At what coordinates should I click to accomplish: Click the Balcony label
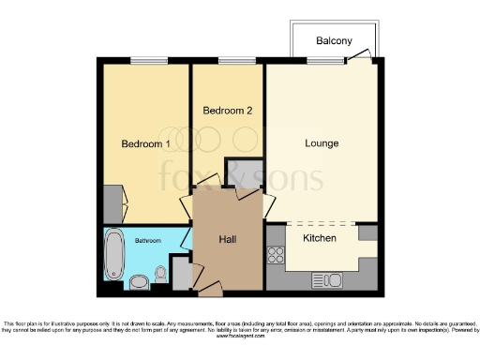pyautogui.click(x=334, y=41)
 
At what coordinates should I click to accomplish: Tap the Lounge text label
pyautogui.click(x=322, y=143)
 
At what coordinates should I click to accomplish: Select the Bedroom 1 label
pyautogui.click(x=145, y=143)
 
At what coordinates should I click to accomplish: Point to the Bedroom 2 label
pyautogui.click(x=228, y=111)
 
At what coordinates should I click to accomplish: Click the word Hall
pyautogui.click(x=228, y=240)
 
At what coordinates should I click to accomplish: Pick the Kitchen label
pyautogui.click(x=321, y=238)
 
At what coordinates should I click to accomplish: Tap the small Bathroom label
pyautogui.click(x=146, y=241)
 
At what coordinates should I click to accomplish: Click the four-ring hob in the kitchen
pyautogui.click(x=277, y=254)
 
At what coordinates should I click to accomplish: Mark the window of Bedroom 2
pyautogui.click(x=228, y=62)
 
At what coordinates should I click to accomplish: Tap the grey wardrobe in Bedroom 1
pyautogui.click(x=112, y=204)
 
